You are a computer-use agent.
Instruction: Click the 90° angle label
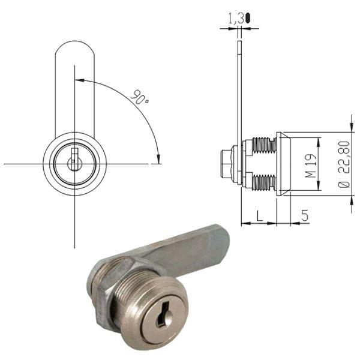(141, 97)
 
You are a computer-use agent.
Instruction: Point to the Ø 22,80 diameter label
(344, 166)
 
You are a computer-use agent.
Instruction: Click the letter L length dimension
(258, 214)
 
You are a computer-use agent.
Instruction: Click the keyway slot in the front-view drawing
(74, 161)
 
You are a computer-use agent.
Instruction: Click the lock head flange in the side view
(283, 164)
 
